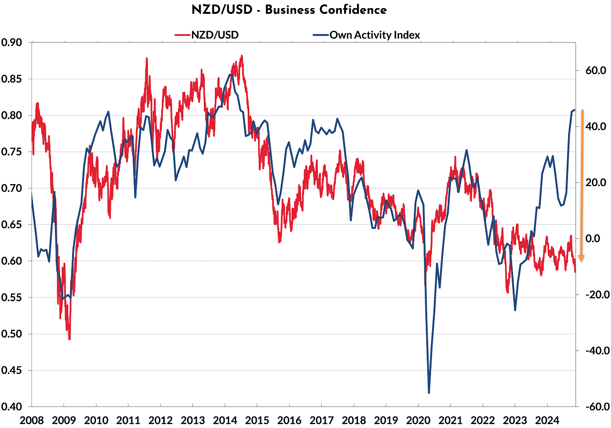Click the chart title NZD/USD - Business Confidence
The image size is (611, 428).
tap(305, 10)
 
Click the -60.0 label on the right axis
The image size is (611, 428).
tap(592, 406)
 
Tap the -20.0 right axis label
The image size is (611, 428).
tap(592, 295)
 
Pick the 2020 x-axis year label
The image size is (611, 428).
tap(418, 420)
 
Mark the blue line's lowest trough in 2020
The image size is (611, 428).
tap(429, 393)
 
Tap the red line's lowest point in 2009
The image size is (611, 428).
tap(69, 339)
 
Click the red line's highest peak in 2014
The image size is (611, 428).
tap(242, 56)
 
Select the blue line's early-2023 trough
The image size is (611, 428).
tap(515, 310)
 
